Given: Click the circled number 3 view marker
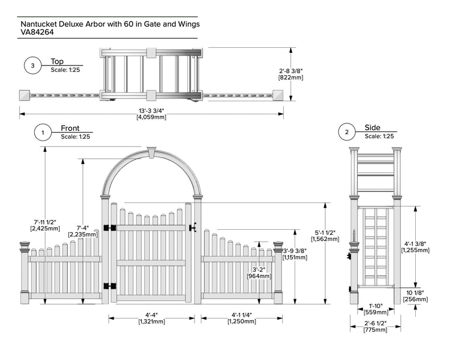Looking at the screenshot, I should [32, 66].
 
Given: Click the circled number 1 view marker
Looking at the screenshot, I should [42, 133].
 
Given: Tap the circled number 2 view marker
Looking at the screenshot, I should [347, 133].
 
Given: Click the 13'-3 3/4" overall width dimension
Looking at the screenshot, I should [151, 111].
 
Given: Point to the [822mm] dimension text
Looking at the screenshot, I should [291, 77].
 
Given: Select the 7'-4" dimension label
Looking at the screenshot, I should [78, 227].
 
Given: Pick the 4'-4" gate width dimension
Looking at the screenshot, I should [151, 315].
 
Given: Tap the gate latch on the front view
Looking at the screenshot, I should [193, 227].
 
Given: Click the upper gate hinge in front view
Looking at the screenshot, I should [109, 228].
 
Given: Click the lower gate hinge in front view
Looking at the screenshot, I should [109, 285].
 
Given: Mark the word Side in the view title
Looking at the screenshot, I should [373, 128].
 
